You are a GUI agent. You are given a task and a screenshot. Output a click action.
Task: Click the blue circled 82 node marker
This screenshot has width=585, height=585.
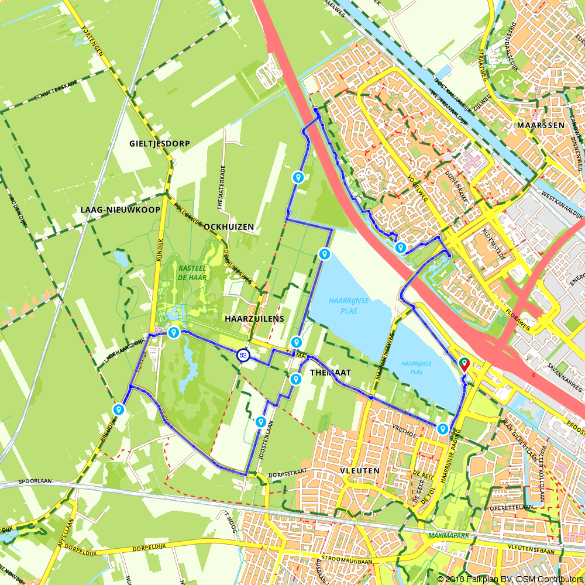pos(243,355)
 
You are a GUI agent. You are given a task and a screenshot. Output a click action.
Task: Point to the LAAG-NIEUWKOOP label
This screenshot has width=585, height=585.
pos(121,209)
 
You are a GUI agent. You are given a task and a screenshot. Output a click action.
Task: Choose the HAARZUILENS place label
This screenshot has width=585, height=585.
pos(254,319)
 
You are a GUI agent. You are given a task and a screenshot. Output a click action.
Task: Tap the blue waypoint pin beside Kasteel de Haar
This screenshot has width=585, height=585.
pos(173,332)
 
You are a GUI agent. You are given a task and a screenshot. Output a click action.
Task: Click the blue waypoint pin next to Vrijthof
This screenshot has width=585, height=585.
pos(442,429)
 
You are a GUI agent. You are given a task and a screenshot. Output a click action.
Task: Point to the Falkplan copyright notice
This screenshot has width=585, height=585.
pos(510,579)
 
